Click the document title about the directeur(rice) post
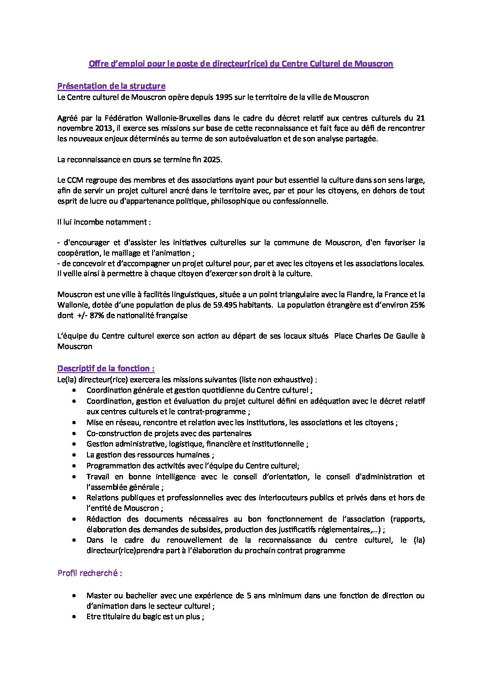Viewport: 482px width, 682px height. point(241,64)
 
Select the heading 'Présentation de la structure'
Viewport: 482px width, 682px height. point(111,86)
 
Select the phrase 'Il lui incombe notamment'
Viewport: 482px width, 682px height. point(101,222)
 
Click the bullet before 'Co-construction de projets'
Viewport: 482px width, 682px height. point(74,434)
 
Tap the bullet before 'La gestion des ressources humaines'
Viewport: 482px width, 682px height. point(74,455)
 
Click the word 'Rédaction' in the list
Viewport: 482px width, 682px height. point(103,519)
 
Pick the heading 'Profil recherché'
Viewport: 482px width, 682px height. point(89,573)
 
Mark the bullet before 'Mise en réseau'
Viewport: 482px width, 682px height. point(74,423)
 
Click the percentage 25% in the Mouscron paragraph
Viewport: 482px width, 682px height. point(416,305)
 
